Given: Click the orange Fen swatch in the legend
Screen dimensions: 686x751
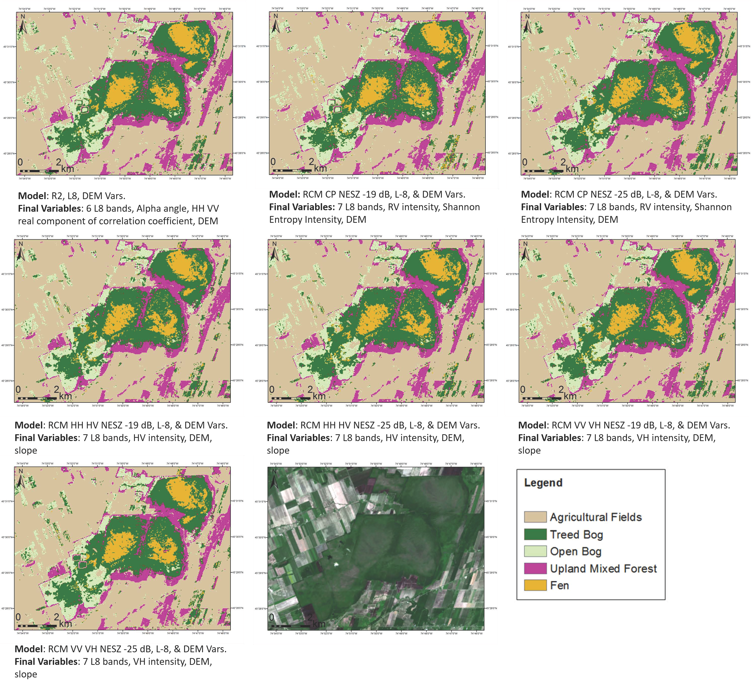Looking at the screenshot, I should pos(535,585).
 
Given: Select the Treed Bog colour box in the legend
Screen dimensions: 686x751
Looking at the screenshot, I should pos(535,534).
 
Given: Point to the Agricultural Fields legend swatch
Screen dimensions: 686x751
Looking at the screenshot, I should pos(535,517).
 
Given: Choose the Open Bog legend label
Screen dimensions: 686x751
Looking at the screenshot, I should pos(576,552).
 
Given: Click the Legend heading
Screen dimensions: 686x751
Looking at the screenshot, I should pos(543,483).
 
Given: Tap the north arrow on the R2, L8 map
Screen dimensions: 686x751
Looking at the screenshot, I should pos(23,25).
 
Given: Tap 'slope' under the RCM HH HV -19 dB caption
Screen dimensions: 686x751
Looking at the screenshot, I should pos(26,451).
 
